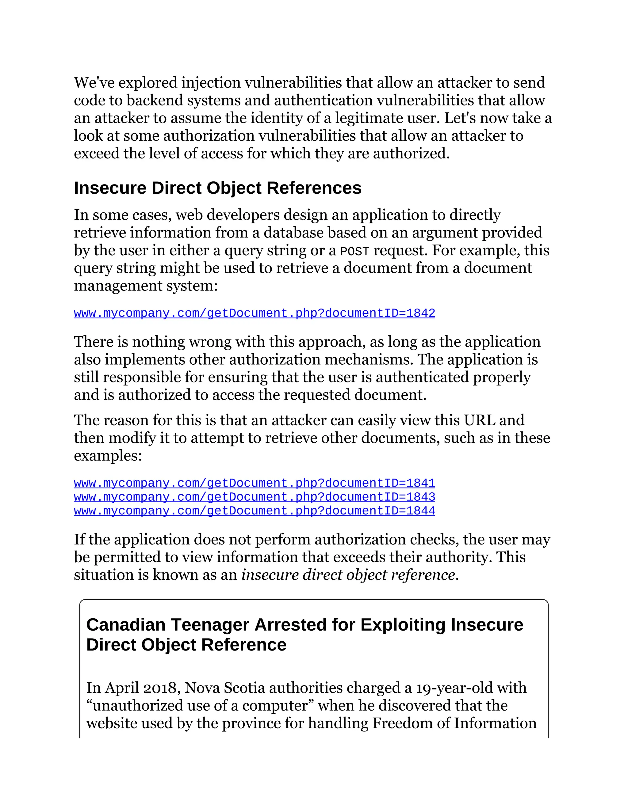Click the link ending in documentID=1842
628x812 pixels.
254,313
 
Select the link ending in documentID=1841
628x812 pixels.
254,483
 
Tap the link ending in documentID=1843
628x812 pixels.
254,497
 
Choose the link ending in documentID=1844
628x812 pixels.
254,511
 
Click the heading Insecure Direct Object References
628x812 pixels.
217,188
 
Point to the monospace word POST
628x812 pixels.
354,252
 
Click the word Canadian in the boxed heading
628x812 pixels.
126,625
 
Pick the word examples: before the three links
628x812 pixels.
108,456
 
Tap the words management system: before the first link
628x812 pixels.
145,286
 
